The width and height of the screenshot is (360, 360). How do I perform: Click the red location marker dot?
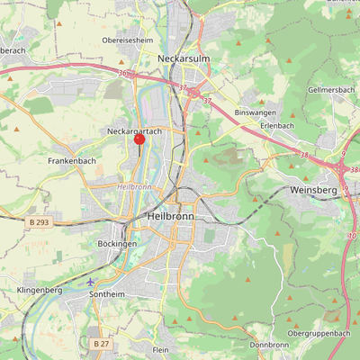pyautogui.click(x=139, y=139)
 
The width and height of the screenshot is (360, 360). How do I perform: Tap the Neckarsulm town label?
pyautogui.click(x=183, y=58)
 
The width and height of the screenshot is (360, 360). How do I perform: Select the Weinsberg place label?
pyautogui.click(x=313, y=191)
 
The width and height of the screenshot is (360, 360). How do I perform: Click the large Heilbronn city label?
pyautogui.click(x=171, y=218)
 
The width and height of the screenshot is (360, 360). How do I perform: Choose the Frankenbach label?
pyautogui.click(x=72, y=160)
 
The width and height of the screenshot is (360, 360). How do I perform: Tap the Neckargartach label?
pyautogui.click(x=134, y=131)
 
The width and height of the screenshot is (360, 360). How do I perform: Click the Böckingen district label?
pyautogui.click(x=117, y=244)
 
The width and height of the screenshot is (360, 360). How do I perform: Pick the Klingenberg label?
pyautogui.click(x=39, y=291)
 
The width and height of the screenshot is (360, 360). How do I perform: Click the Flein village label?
pyautogui.click(x=161, y=349)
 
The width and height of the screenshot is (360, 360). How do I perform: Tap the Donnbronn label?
pyautogui.click(x=269, y=345)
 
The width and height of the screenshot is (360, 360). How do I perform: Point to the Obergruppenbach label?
pyautogui.click(x=319, y=333)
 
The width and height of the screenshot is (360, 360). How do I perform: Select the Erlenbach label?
pyautogui.click(x=277, y=125)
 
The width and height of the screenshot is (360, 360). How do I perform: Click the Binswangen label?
pyautogui.click(x=251, y=112)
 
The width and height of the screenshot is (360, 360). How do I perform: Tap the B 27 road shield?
pyautogui.click(x=101, y=343)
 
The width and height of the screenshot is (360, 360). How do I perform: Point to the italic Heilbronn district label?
pyautogui.click(x=134, y=186)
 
